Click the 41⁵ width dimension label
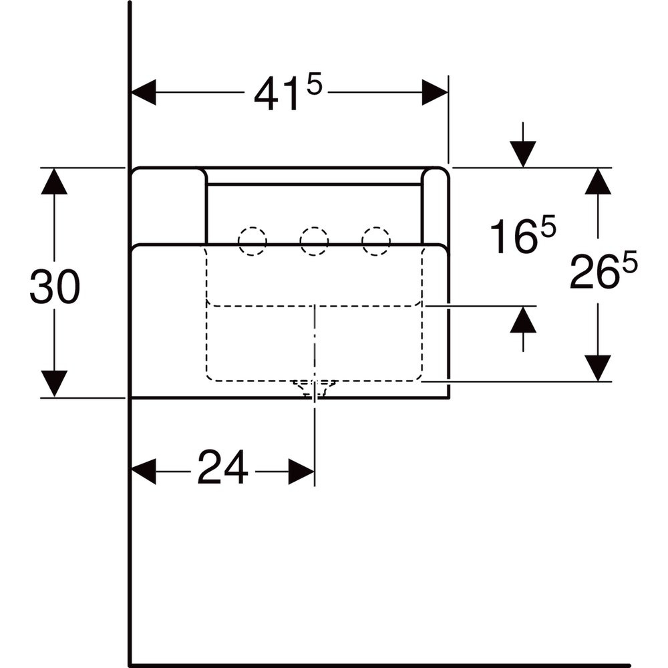coord(288,94)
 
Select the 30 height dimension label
coord(55,287)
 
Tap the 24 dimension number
coord(222,467)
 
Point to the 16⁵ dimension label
coord(523,234)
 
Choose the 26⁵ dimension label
coord(603,270)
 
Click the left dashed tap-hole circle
coord(253,241)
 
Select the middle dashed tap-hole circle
coord(314,241)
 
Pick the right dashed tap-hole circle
coord(375,241)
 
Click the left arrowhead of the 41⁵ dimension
coord(144,92)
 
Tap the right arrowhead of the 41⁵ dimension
coord(435,92)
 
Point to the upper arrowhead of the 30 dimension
coord(54,182)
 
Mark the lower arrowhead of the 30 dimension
coord(54,384)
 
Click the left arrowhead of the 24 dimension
coord(144,472)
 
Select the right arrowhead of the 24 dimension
coord(302,472)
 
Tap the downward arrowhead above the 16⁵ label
coord(523,154)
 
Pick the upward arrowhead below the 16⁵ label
coord(523,319)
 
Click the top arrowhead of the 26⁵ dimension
coord(598,182)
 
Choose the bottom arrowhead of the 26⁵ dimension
coord(598,368)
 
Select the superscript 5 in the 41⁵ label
coord(314,86)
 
